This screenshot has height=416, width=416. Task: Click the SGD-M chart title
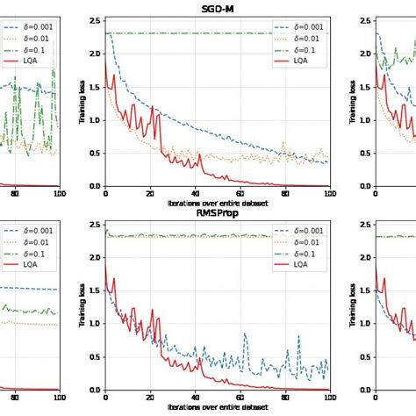[x=217, y=9]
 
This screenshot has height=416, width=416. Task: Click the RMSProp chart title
[x=217, y=212]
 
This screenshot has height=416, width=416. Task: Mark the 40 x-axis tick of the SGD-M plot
[x=195, y=194]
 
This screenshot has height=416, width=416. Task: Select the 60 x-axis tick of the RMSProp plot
[x=240, y=398]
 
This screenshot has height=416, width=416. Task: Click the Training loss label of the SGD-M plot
[x=82, y=102]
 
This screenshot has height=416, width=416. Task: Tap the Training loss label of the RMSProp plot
[x=82, y=305]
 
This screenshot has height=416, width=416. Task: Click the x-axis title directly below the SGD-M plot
[x=217, y=203]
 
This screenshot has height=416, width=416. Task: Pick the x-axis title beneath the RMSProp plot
[x=217, y=407]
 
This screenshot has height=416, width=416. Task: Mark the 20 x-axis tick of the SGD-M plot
[x=150, y=194]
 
